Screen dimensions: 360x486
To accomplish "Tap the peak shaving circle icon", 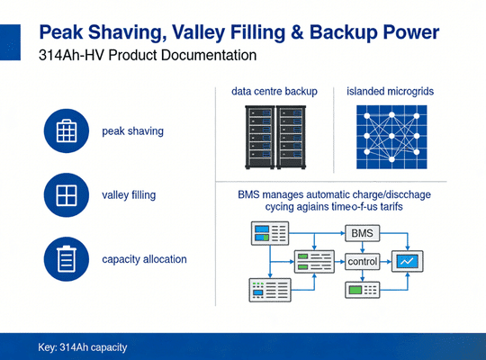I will tap(67, 130).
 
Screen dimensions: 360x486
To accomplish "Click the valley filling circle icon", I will tap(67, 194).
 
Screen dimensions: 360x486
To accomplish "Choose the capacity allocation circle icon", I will tap(67, 259).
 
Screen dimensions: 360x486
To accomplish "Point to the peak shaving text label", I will tap(133, 131).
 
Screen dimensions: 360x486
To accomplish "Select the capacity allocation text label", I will tap(145, 259).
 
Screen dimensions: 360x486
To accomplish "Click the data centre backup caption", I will tap(275, 92).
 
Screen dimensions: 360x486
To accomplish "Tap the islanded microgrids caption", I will tap(391, 92).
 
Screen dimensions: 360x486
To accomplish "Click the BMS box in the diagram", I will tap(362, 234).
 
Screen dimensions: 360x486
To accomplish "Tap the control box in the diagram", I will tap(362, 262).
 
